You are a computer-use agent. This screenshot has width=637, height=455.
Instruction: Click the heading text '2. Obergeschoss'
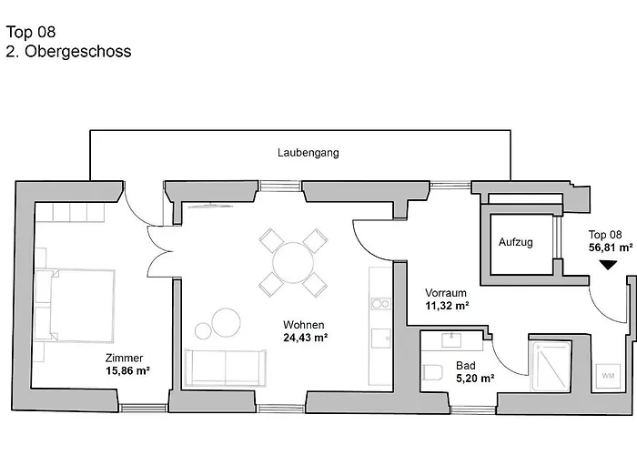point(68,52)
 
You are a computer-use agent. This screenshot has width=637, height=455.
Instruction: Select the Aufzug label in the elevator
point(515,243)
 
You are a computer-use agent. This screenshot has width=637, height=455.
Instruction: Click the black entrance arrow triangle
point(608,267)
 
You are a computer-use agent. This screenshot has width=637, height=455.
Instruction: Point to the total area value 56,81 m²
point(610,247)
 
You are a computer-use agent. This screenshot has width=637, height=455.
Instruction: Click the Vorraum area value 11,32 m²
point(447,307)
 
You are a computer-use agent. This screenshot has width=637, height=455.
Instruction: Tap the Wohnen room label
point(304,325)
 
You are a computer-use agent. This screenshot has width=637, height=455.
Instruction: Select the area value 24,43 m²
point(305,338)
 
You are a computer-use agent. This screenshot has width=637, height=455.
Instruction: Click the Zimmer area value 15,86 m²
point(127,371)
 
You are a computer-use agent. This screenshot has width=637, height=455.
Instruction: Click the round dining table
point(293,263)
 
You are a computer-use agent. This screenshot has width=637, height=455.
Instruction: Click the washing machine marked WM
point(607,375)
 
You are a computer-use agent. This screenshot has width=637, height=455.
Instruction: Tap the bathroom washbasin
point(451,341)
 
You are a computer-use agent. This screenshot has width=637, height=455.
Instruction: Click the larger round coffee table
point(226,322)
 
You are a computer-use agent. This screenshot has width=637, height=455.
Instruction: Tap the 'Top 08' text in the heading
point(25,34)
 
